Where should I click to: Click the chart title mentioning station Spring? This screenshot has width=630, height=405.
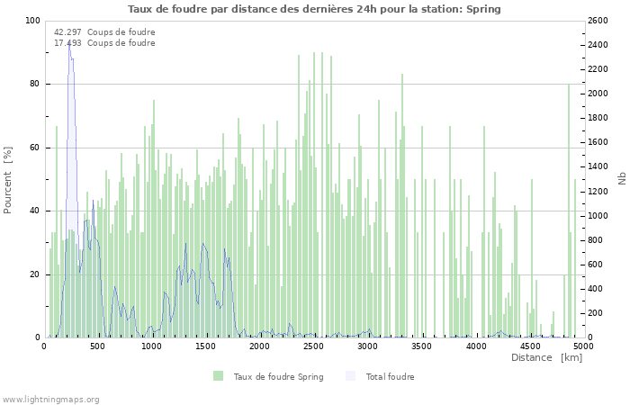coord(314,9)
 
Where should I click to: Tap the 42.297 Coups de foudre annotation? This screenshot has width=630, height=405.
coord(104,31)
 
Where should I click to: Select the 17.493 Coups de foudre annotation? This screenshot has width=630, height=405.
coord(104,42)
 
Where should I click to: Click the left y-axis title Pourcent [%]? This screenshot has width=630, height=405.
coord(8,179)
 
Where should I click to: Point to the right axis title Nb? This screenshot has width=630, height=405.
coord(621,179)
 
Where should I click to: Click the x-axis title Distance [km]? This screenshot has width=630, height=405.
coord(546,357)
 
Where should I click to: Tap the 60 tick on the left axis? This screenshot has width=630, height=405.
coord(34,148)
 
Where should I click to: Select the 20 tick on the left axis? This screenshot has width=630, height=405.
coord(34,274)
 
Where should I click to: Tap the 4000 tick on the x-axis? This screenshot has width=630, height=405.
coord(476,346)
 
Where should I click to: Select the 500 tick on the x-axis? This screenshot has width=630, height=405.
coord(98,346)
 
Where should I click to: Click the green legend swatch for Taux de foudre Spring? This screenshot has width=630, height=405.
coord(218,376)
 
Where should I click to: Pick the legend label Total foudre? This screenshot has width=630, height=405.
coord(390,376)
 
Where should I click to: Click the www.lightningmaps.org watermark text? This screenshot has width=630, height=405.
coord(50,399)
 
